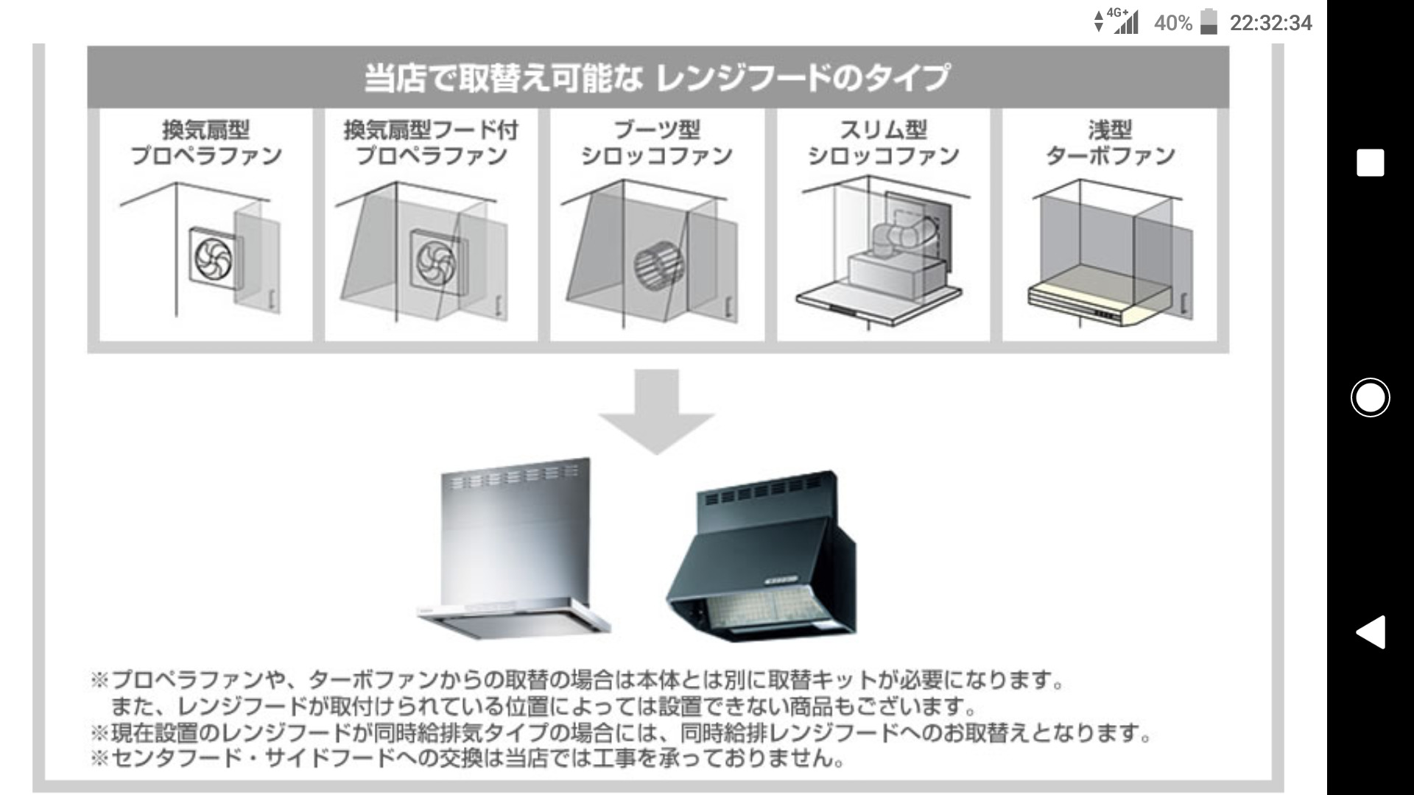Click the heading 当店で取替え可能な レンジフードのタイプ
[x=657, y=78]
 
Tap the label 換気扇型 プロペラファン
[x=206, y=143]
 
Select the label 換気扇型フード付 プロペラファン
[x=432, y=143]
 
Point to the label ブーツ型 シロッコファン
[x=657, y=143]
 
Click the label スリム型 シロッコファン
[x=883, y=143]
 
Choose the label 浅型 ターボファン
[x=1110, y=143]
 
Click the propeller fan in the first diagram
[x=214, y=258]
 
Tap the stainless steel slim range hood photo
[x=516, y=552]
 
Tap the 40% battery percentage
[x=1172, y=24]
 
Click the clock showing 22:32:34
[x=1270, y=24]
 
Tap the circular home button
[x=1370, y=397]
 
